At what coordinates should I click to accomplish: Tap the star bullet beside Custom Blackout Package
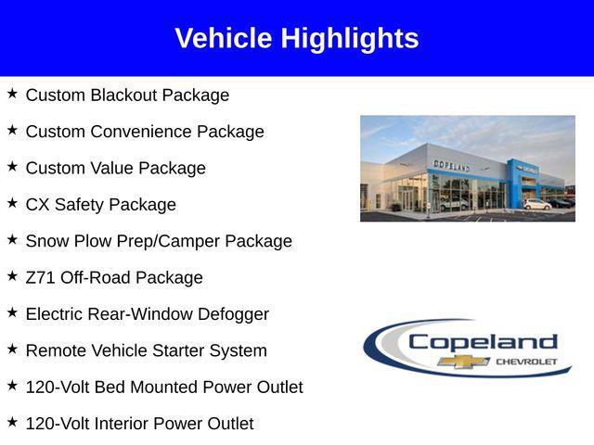tap(12, 94)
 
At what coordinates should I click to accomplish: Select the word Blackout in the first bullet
tap(123, 95)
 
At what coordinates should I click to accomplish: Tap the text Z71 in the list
tap(41, 277)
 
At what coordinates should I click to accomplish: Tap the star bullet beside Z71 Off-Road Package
tap(12, 275)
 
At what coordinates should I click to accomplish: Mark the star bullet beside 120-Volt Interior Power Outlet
tap(12, 422)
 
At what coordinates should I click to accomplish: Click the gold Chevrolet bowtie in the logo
tap(464, 361)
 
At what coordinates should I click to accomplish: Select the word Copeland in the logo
tap(483, 341)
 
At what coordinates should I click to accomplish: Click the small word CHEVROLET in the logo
tap(527, 361)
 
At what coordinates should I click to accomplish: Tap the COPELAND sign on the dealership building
tap(452, 166)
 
